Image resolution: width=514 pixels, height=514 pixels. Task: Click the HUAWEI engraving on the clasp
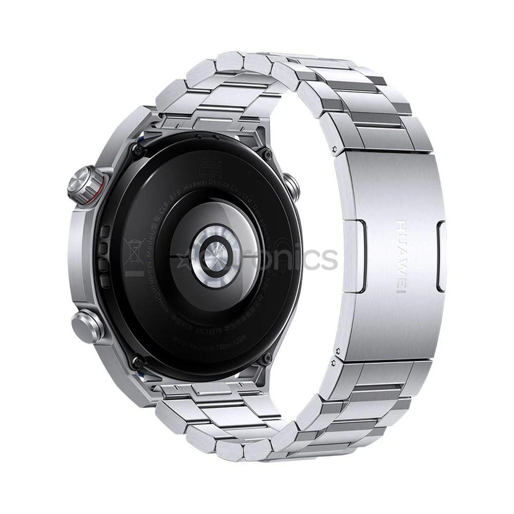tap(401, 257)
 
